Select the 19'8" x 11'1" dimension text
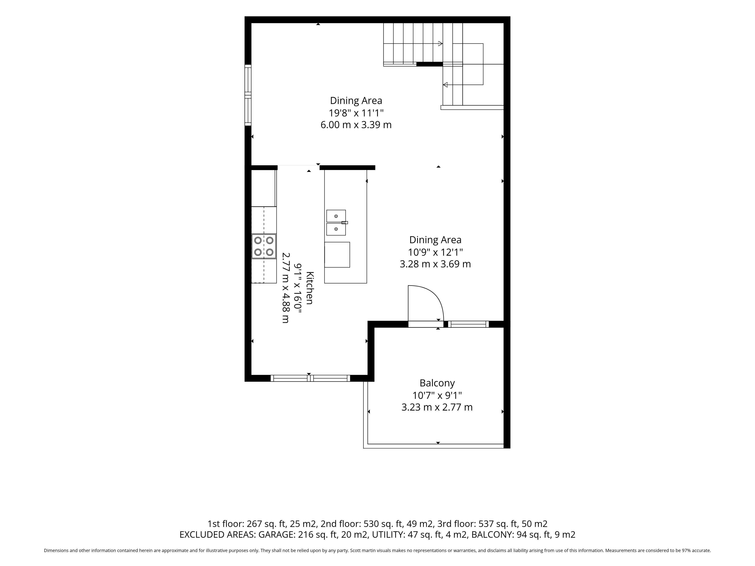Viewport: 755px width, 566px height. (356, 113)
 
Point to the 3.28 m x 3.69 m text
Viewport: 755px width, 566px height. (435, 264)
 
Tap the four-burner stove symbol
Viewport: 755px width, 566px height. (264, 246)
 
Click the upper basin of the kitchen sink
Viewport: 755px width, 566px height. (336, 216)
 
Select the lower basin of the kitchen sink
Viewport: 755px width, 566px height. (336, 229)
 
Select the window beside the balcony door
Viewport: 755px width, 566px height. (468, 324)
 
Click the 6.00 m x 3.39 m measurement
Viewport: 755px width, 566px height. (356, 125)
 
